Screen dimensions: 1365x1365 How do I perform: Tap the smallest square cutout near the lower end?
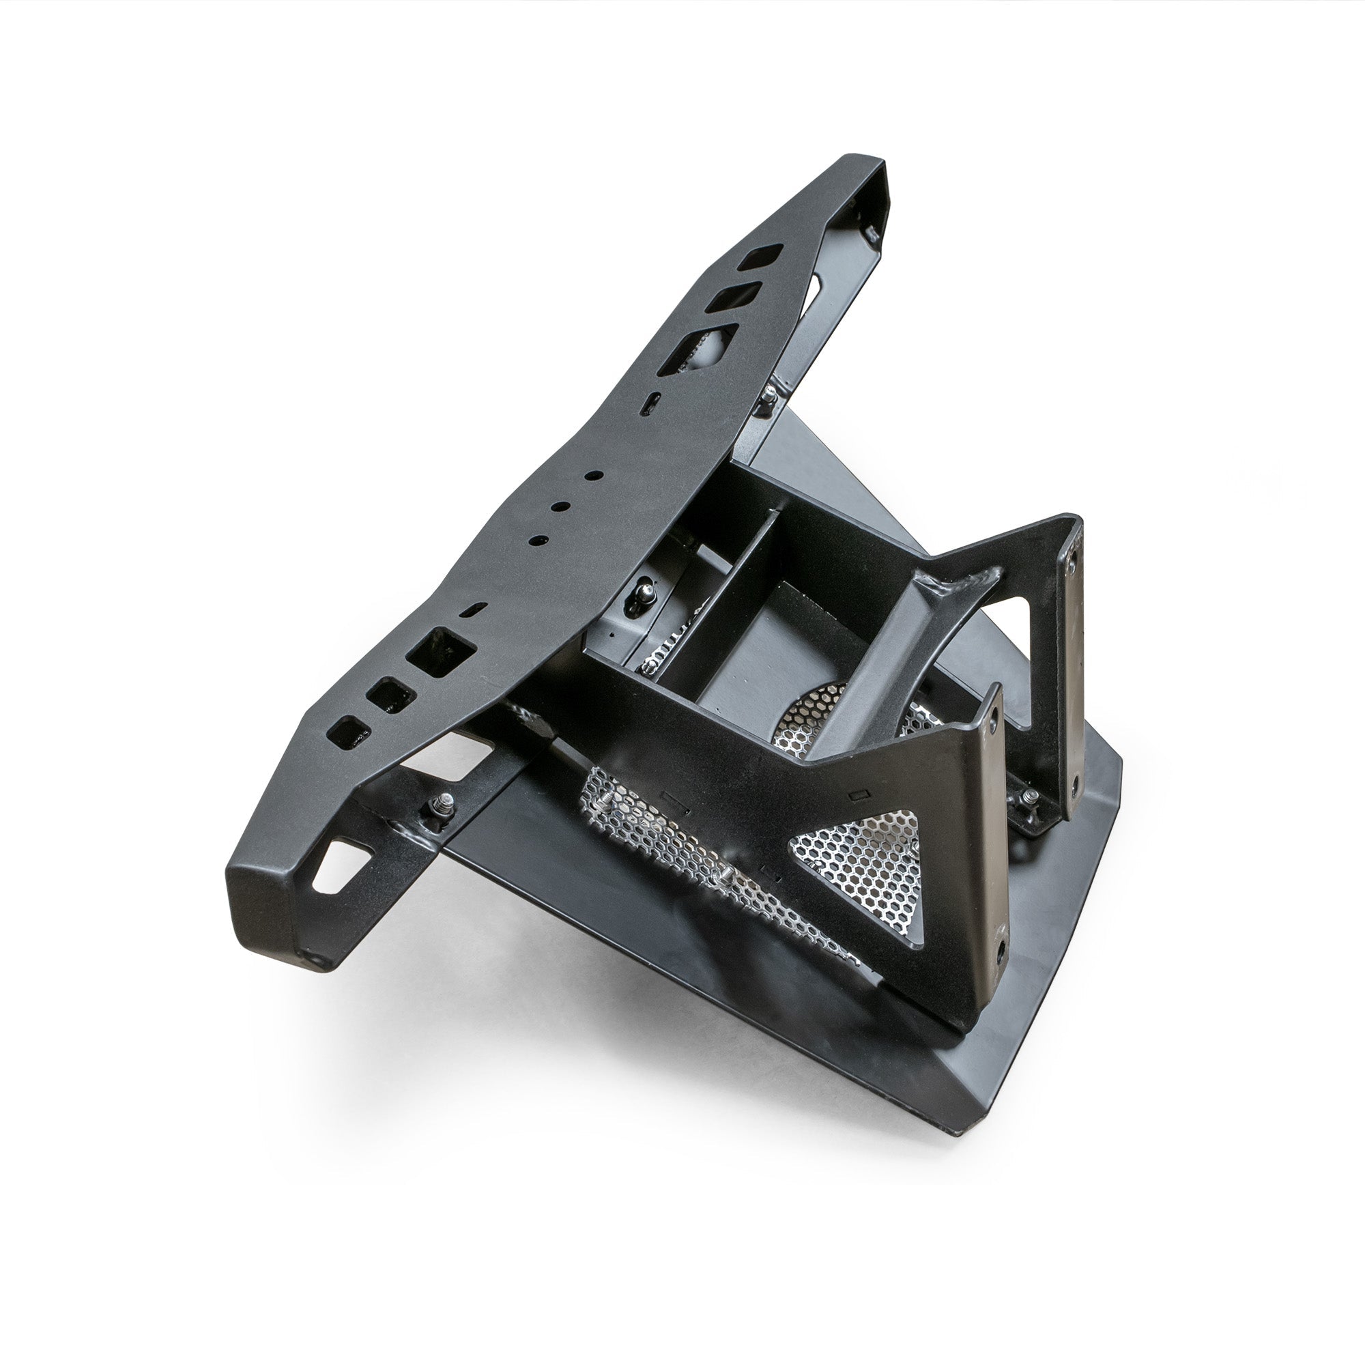coord(349,731)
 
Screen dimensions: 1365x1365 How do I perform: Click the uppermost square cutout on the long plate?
coord(760,257)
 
